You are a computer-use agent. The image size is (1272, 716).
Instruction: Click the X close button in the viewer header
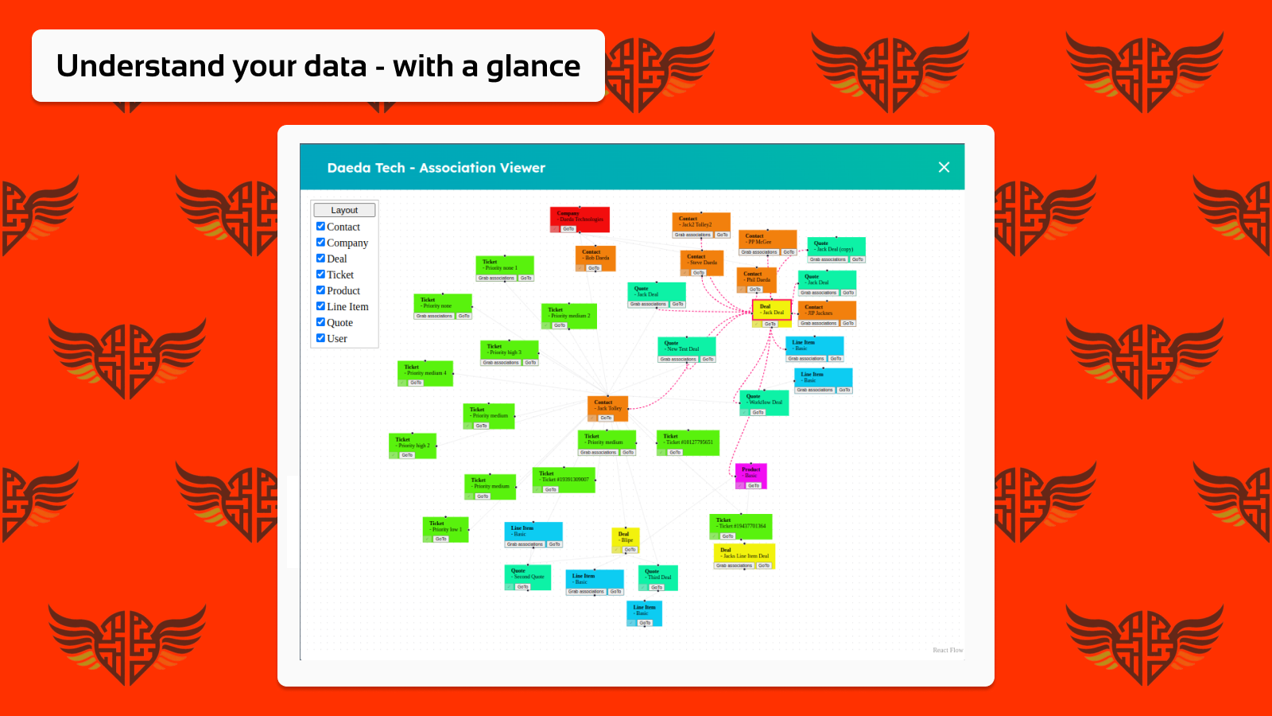coord(944,167)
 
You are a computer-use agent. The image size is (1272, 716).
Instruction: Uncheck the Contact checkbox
coord(321,227)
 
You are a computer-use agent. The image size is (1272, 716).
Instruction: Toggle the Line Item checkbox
coord(321,306)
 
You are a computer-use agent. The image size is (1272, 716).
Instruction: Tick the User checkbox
coord(321,338)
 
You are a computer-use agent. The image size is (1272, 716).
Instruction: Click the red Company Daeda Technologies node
coord(580,216)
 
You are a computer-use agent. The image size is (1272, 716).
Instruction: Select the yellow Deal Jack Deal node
coord(771,309)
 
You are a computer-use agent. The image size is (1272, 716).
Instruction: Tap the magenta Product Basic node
coord(750,473)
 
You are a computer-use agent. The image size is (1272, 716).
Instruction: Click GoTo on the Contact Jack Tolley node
coord(606,418)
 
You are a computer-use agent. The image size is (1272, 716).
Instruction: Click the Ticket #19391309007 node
coord(563,477)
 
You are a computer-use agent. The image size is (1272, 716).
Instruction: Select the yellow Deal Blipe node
coord(625,537)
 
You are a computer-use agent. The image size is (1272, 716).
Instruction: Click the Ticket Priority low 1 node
coord(445,527)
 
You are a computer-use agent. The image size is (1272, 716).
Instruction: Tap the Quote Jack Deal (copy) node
coord(836,247)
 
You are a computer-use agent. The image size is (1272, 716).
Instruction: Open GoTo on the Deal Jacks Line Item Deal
coord(763,566)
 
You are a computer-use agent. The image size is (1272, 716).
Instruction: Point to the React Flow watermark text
coord(947,650)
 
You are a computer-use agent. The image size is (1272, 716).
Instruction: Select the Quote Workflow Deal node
coord(764,399)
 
